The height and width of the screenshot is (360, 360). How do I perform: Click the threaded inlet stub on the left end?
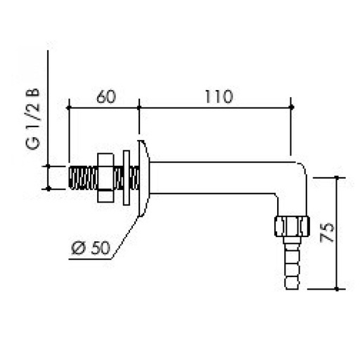click(x=82, y=177)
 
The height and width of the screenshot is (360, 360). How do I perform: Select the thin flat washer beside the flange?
click(x=126, y=177)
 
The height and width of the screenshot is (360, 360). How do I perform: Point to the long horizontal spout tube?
click(x=218, y=179)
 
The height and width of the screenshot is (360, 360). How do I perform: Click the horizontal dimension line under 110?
click(x=215, y=108)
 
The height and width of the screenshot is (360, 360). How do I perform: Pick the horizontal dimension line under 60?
click(x=103, y=108)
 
